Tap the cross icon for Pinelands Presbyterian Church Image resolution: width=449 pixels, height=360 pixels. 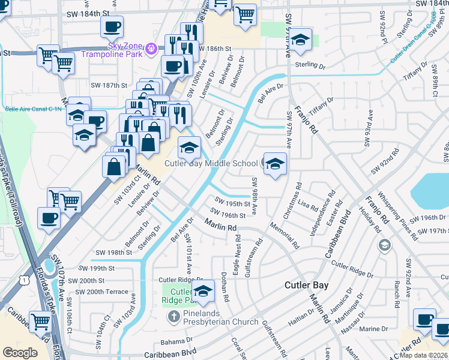[173, 317]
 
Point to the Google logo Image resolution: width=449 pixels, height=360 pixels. [20, 353]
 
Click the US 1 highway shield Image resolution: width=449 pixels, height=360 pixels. [25, 279]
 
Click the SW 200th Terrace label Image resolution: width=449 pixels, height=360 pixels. [99, 292]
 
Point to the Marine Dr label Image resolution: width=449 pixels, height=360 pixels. [374, 329]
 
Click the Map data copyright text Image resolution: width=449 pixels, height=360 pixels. [424, 355]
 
